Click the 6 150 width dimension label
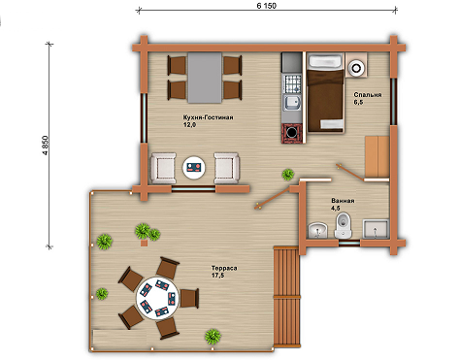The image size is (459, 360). (x=267, y=6)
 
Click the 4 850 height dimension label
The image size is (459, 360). (x=46, y=146)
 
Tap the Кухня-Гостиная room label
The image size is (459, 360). (x=208, y=117)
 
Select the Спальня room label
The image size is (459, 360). (x=368, y=95)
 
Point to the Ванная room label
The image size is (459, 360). (x=343, y=201)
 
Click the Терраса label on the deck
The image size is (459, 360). (x=224, y=268)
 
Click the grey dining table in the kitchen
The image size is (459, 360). (x=205, y=78)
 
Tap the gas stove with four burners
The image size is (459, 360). (x=292, y=83)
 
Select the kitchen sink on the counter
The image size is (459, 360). (x=292, y=104)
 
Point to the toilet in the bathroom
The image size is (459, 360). (x=343, y=225)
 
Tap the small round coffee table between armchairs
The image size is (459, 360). (x=194, y=168)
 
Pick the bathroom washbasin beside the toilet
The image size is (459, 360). (x=317, y=230)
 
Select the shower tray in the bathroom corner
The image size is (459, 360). (x=376, y=229)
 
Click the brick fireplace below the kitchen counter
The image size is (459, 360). (x=293, y=133)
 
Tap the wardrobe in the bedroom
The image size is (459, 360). (x=377, y=157)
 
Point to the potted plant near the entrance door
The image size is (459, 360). (x=287, y=175)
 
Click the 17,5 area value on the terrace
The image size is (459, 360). (x=217, y=276)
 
